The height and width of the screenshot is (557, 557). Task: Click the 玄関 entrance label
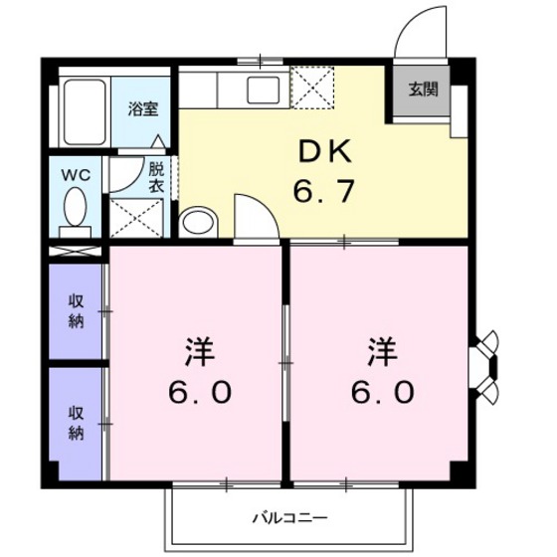point(422,89)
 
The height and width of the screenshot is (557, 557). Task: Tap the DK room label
point(323,151)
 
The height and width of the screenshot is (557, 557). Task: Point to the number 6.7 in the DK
point(323,191)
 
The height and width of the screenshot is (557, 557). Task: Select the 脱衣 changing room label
point(157,176)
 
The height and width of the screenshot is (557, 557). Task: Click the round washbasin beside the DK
point(197,220)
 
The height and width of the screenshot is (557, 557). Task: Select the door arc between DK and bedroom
point(250,214)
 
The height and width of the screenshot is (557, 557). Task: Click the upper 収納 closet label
point(76,311)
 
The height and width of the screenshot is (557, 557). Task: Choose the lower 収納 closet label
point(76,422)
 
